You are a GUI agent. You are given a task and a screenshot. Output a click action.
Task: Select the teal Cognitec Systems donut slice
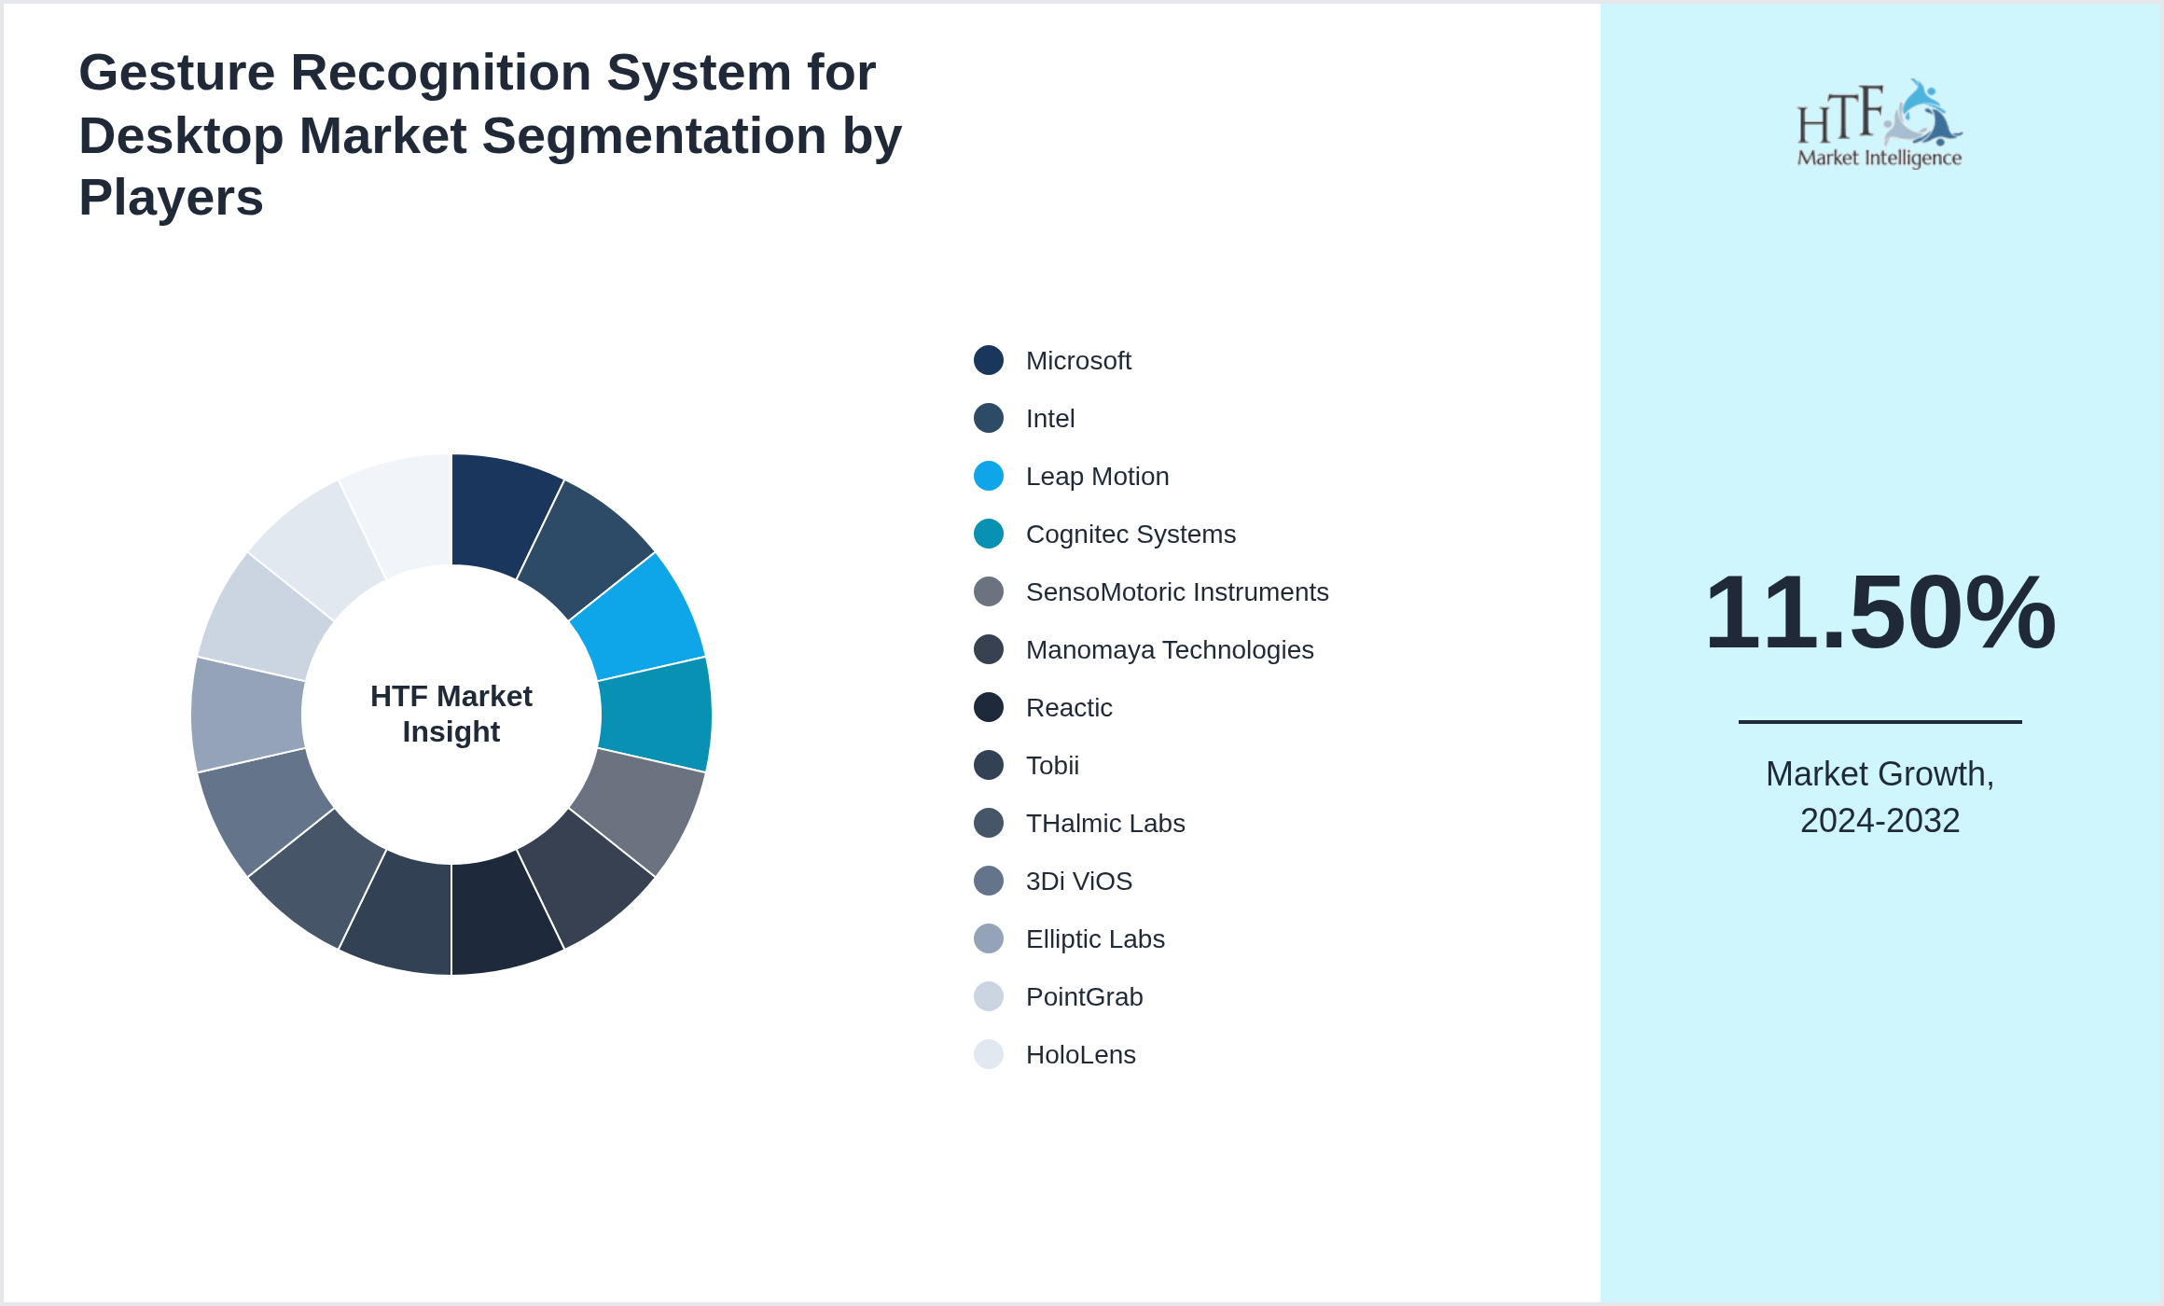(x=656, y=715)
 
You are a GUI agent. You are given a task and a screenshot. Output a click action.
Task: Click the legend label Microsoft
(x=1078, y=361)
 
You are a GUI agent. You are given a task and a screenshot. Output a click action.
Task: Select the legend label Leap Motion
(x=1097, y=477)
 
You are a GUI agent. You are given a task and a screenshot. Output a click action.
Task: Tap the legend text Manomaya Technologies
(x=1169, y=650)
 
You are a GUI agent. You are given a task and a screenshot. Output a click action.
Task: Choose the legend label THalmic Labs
(x=1105, y=824)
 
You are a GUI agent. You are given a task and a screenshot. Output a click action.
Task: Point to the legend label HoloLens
(x=1080, y=1055)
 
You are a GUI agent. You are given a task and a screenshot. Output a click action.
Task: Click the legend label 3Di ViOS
(x=1078, y=882)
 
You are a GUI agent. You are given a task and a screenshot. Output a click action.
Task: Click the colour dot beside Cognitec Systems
(x=989, y=535)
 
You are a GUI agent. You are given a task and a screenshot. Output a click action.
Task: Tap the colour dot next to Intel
(x=989, y=419)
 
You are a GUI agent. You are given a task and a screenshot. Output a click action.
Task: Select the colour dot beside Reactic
(x=989, y=708)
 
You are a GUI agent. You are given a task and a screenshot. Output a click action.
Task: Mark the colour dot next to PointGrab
(x=989, y=997)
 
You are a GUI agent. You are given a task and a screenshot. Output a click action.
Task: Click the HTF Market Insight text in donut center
(x=451, y=715)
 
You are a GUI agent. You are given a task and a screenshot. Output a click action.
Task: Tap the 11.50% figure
(x=1880, y=613)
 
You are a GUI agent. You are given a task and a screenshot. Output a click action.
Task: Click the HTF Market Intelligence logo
(x=1880, y=124)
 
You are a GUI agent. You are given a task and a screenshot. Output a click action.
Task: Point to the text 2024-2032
(x=1880, y=821)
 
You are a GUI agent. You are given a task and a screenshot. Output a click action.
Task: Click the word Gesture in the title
(x=176, y=73)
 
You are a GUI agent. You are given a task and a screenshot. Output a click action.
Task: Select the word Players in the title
(x=171, y=198)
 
